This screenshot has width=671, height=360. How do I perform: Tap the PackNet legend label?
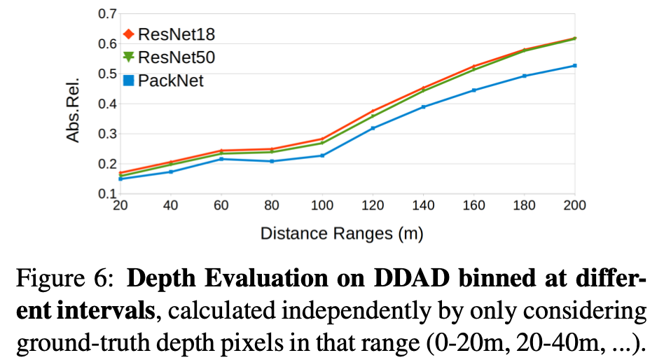click(170, 81)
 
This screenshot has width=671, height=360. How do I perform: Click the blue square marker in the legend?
click(128, 81)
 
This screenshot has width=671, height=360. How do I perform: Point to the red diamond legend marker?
click(128, 34)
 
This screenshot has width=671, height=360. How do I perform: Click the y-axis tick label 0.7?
click(106, 13)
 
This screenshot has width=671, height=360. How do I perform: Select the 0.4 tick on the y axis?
click(106, 104)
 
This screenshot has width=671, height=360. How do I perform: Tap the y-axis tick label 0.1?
click(106, 193)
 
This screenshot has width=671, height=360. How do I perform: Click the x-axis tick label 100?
click(322, 206)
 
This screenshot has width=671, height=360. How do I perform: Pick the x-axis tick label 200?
click(574, 206)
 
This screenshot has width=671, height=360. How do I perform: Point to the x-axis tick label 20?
click(120, 206)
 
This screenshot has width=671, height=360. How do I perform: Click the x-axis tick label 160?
click(473, 206)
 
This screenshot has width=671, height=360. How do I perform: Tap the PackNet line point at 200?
click(574, 66)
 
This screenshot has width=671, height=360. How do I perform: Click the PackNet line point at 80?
click(272, 161)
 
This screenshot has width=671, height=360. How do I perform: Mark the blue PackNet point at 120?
click(373, 128)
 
